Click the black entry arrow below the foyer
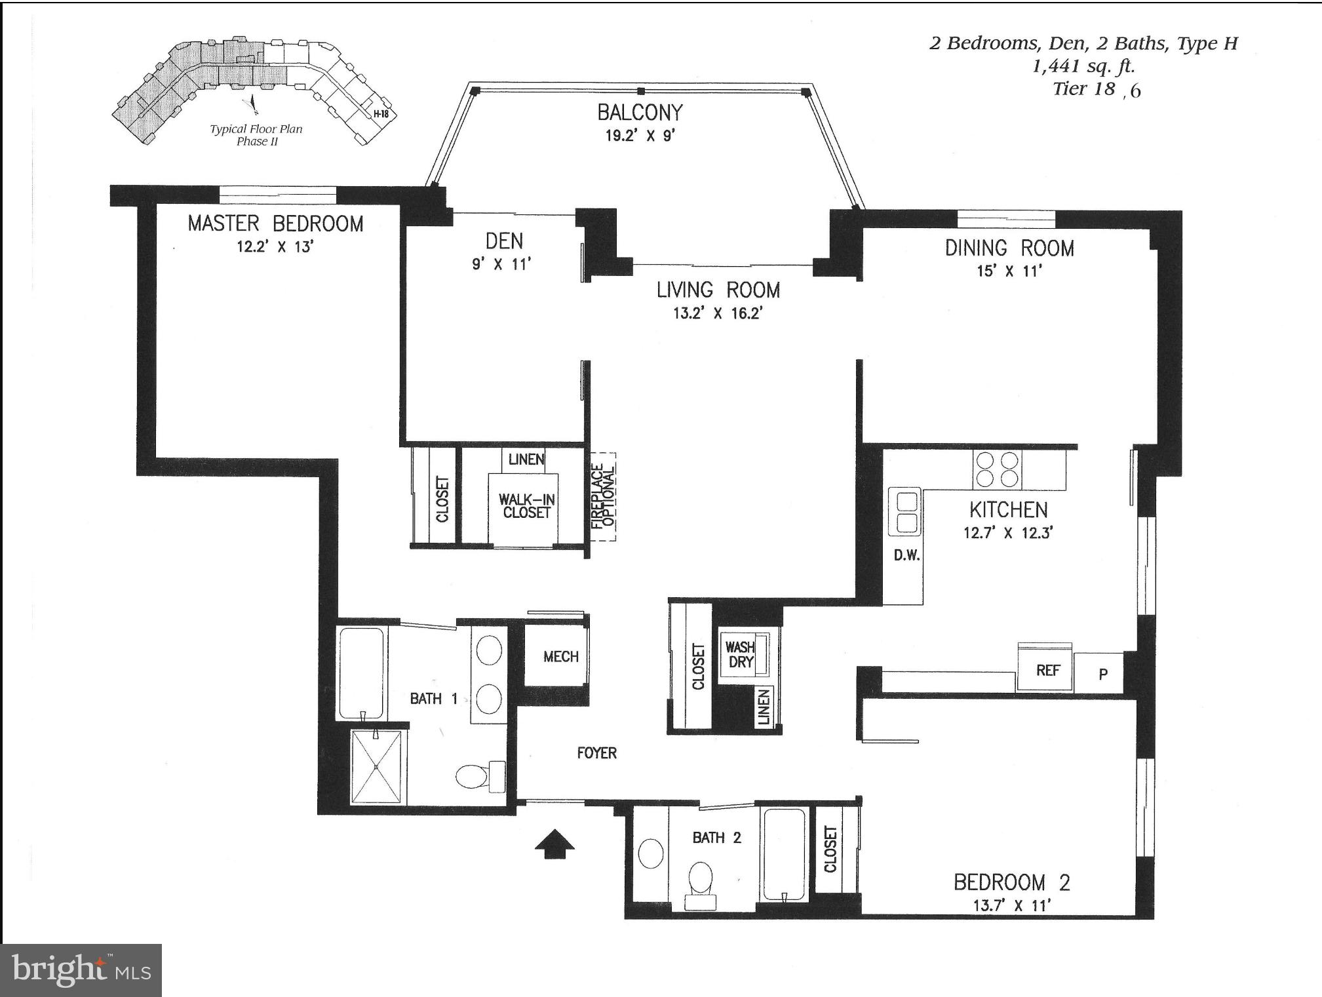(x=554, y=844)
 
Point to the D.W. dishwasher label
(x=907, y=556)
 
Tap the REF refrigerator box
(x=1047, y=671)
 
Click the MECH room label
(x=560, y=657)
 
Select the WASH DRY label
(x=740, y=654)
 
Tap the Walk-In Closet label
(x=526, y=506)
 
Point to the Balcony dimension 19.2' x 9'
(x=640, y=136)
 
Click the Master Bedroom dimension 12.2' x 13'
(x=275, y=247)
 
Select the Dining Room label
(x=1009, y=248)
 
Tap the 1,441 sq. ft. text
(x=1083, y=66)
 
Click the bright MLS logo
(x=81, y=970)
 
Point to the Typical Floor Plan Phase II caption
(x=256, y=135)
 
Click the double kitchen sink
(x=906, y=513)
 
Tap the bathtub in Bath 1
(x=360, y=673)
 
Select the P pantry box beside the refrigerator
(x=1103, y=674)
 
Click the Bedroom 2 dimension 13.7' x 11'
(x=1011, y=906)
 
